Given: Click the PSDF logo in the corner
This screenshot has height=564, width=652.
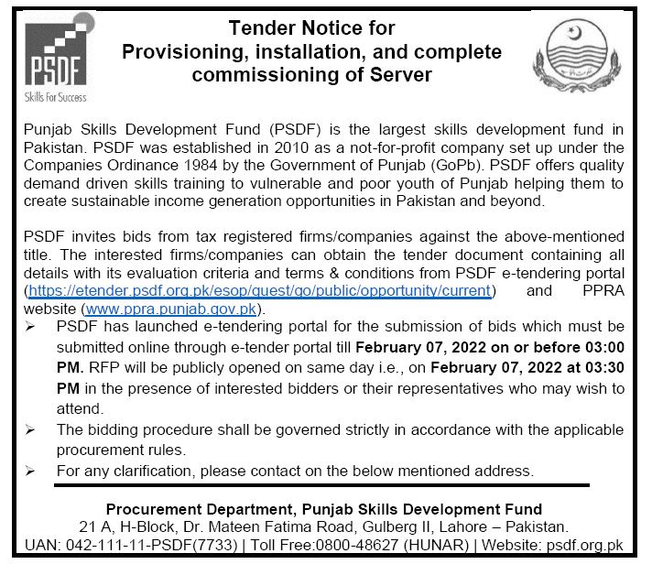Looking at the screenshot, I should pyautogui.click(x=56, y=57).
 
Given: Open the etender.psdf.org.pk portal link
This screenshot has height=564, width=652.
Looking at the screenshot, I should pyautogui.click(x=258, y=290).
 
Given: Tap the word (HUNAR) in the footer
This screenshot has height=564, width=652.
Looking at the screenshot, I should pyautogui.click(x=445, y=545).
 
